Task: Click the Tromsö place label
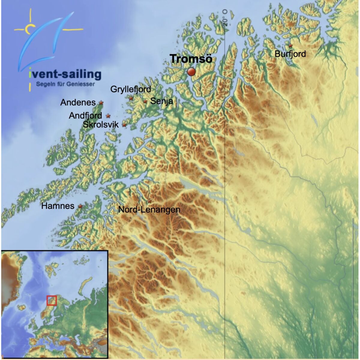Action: [x=191, y=59]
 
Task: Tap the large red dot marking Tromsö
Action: [x=191, y=72]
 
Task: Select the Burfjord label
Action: [x=290, y=54]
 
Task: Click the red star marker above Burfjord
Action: [x=290, y=46]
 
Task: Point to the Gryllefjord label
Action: [x=131, y=89]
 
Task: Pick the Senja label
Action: [x=162, y=101]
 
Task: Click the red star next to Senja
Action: [x=145, y=101]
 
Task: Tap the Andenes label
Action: [x=78, y=103]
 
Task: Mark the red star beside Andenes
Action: [x=101, y=103]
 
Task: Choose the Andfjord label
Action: [x=85, y=115]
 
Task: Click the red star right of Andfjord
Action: [x=108, y=116]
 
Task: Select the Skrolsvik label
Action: [x=101, y=125]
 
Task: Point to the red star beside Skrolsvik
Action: [x=124, y=125]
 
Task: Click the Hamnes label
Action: [x=58, y=206]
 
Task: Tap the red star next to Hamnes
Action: [x=80, y=206]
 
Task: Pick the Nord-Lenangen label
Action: [x=149, y=209]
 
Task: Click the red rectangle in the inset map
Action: [x=52, y=300]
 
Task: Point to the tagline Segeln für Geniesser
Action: [x=65, y=84]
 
